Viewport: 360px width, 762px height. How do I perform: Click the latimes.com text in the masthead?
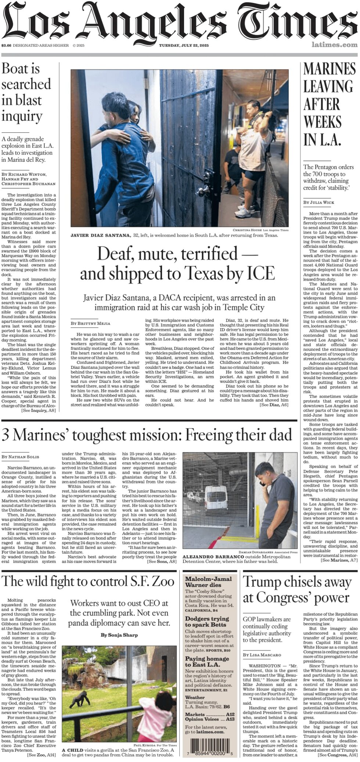pos(334,45)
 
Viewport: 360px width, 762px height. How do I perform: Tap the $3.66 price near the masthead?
pos(6,46)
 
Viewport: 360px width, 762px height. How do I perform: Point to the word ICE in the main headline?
pos(260,273)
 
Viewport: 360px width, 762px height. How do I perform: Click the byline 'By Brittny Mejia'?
pos(90,323)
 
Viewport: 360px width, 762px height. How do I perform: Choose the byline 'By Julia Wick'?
pos(318,202)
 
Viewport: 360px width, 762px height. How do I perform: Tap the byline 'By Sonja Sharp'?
pos(119,635)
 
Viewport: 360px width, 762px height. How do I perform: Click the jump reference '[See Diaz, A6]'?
pos(274,405)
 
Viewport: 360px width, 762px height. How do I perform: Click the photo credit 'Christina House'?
pos(247,230)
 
